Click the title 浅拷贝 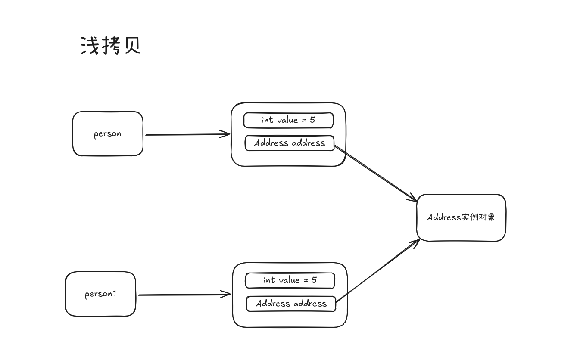coord(111,46)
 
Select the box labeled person coord(108,133)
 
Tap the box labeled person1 coord(100,294)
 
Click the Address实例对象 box coord(461,217)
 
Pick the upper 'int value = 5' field coord(288,121)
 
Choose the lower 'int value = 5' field coord(290,281)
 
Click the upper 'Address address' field coord(290,143)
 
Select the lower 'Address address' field coord(291,304)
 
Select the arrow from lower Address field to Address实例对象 coord(377,271)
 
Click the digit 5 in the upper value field coord(312,120)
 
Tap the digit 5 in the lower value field coord(314,280)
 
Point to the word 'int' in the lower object coord(269,280)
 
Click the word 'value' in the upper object coord(287,120)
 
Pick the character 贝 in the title coord(133,46)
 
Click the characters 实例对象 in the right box coord(478,217)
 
